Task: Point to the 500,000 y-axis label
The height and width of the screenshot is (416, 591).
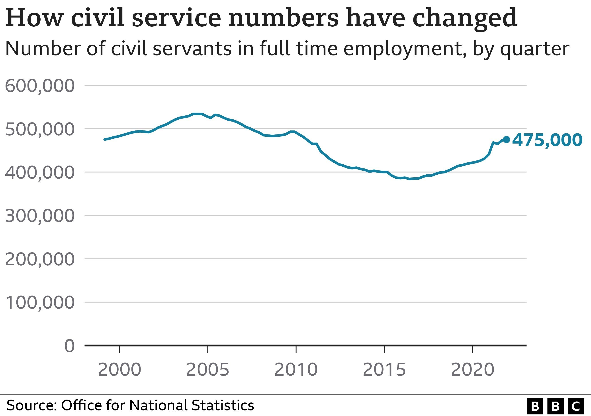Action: (x=40, y=129)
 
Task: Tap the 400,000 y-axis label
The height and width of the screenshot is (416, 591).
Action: (x=40, y=173)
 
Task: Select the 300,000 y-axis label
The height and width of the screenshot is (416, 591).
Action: (x=40, y=216)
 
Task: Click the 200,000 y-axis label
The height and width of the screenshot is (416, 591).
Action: (x=40, y=259)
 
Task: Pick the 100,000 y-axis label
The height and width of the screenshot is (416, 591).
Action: (x=40, y=302)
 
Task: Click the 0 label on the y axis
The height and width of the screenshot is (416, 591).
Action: (x=69, y=346)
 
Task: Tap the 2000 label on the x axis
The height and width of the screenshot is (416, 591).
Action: (x=119, y=370)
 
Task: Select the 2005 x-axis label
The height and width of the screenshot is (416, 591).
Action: (x=207, y=370)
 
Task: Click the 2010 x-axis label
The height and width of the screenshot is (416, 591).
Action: (x=296, y=370)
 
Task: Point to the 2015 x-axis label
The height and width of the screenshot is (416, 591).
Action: (x=384, y=370)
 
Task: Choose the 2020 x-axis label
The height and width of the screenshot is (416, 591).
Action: (x=473, y=370)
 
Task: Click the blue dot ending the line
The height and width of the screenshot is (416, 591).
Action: (x=506, y=140)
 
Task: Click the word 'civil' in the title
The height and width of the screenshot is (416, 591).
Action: (x=98, y=18)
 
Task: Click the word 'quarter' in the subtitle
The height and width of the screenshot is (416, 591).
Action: (x=535, y=49)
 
